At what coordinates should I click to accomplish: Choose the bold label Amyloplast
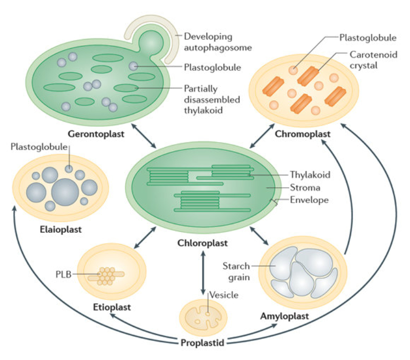click(x=284, y=316)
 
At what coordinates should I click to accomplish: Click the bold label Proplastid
click(x=202, y=342)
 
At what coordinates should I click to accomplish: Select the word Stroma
click(x=305, y=188)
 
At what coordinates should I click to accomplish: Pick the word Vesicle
click(x=224, y=295)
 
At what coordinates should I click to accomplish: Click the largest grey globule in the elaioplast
click(x=65, y=191)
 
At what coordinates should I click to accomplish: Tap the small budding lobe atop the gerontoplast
click(x=150, y=42)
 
